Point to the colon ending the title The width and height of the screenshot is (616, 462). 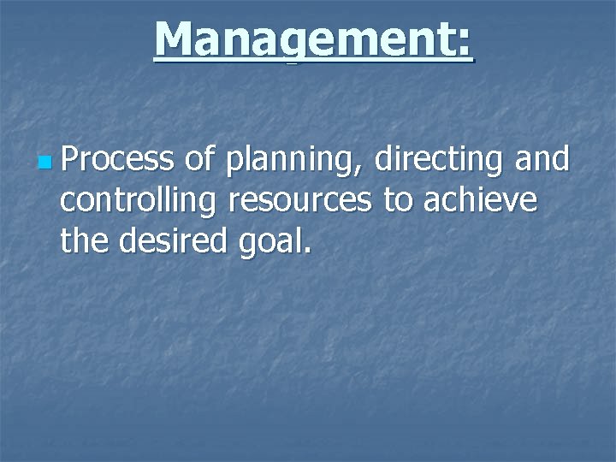(463, 43)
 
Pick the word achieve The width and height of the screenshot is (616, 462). (481, 201)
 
